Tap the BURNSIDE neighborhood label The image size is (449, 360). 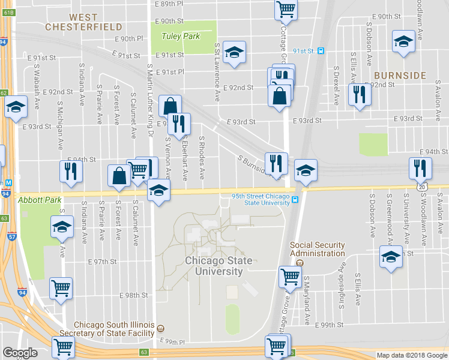[400, 76]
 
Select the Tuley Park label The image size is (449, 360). [181, 36]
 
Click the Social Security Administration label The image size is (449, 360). [318, 249]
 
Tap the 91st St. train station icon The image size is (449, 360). [321, 51]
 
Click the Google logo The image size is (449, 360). [20, 353]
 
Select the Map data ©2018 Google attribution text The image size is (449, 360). [411, 355]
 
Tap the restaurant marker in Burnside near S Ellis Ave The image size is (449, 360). [359, 94]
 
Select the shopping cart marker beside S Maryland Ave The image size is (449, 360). [290, 277]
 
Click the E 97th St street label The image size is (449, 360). [101, 262]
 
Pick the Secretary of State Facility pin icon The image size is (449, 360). [161, 329]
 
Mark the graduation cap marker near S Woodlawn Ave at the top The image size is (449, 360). [403, 41]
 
